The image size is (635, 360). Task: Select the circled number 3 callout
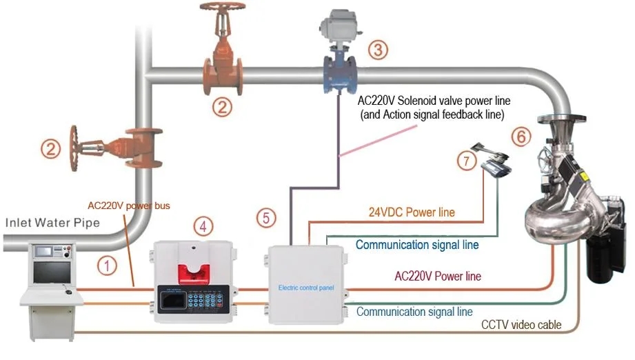377,50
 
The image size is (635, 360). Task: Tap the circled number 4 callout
201,226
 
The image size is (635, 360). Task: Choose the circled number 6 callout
522,137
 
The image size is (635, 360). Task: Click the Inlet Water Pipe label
54,223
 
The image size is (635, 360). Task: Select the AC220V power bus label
128,206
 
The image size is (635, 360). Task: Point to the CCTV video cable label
522,324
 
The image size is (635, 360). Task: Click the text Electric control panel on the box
305,287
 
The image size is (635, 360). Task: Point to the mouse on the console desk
68,292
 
